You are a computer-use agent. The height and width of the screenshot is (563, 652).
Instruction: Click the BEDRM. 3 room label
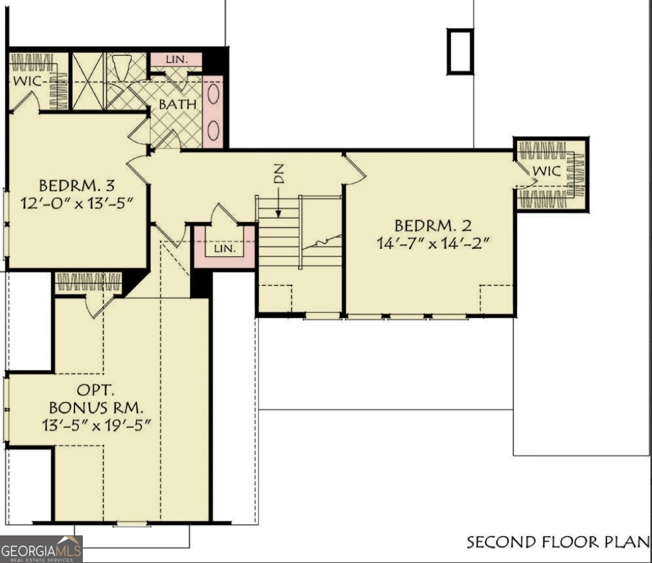pos(76,186)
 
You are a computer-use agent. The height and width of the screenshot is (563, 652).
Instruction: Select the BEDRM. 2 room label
pos(434,226)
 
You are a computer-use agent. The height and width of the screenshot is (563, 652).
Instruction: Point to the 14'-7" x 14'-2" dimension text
pos(434,244)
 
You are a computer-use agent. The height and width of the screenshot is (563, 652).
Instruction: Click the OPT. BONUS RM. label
pos(96,398)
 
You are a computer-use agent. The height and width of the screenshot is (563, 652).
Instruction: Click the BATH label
pos(175,103)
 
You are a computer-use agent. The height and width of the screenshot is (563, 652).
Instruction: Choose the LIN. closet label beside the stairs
pos(224,248)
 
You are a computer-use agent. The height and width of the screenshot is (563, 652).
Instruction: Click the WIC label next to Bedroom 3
pos(26,82)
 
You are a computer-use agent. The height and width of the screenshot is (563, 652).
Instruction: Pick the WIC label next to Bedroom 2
pos(547,172)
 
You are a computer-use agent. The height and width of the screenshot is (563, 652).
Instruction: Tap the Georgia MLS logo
pos(41,549)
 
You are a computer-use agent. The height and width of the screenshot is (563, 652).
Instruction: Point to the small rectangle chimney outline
pos(460,51)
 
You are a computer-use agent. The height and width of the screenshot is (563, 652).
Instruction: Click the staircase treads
pos(279,235)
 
